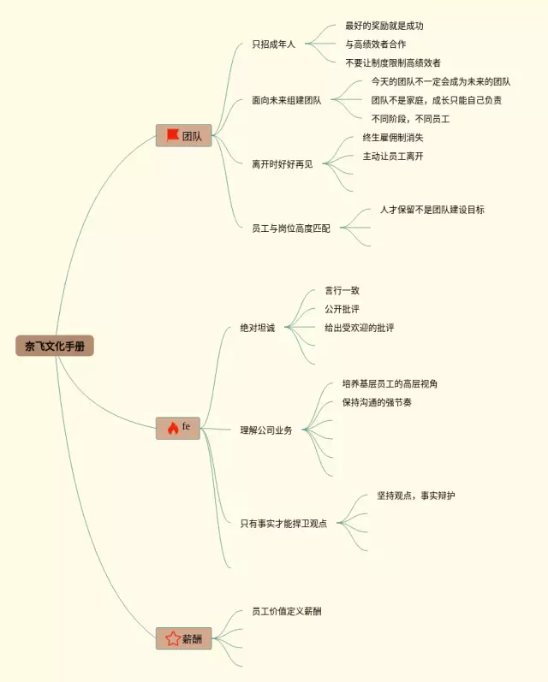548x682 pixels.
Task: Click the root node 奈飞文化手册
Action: tap(55, 347)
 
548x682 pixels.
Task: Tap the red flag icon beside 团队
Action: tap(172, 135)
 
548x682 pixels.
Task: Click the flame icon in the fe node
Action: tap(171, 428)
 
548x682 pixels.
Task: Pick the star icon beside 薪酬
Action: tap(172, 638)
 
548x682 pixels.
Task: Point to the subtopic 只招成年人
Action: tap(273, 44)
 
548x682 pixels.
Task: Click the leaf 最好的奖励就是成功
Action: tap(384, 26)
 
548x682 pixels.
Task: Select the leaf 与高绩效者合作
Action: tap(375, 44)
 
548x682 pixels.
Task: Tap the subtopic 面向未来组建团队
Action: tap(287, 100)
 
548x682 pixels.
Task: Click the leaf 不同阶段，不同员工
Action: tap(410, 119)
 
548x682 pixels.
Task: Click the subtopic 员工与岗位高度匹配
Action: tap(290, 228)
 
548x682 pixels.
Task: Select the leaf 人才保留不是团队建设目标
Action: tap(432, 210)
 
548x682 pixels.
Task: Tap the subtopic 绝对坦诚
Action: tap(258, 329)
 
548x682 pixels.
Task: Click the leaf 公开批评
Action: tap(342, 309)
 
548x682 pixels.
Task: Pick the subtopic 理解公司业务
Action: tap(265, 430)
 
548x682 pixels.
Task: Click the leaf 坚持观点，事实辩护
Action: tap(415, 496)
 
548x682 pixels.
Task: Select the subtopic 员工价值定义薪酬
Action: tap(287, 611)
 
